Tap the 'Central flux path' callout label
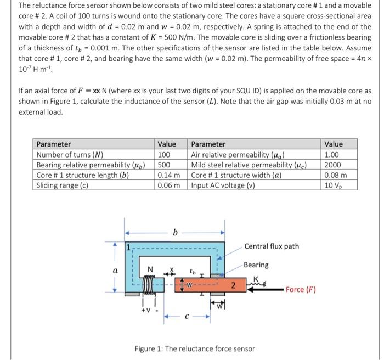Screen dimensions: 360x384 point(272,246)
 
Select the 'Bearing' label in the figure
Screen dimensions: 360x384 point(256,265)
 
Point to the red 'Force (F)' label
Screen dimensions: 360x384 point(301,289)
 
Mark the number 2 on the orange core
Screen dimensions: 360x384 point(233,285)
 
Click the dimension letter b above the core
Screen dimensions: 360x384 point(174,232)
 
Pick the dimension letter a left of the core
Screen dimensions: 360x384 point(115,270)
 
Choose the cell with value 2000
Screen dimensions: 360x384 point(334,165)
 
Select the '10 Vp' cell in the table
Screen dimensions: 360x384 point(334,185)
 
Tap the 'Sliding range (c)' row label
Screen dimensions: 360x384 point(62,185)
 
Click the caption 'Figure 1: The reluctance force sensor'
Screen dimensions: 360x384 point(195,348)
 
